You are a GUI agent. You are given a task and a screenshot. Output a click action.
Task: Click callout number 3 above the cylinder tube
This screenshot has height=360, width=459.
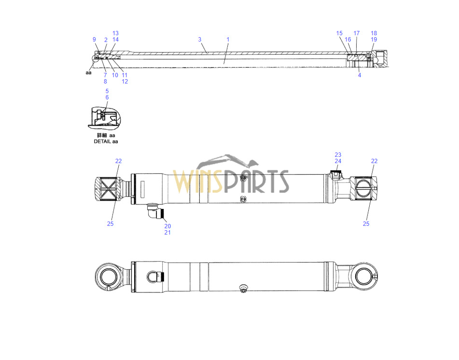click(x=200, y=40)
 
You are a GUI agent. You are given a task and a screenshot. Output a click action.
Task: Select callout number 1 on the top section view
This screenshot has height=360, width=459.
click(x=228, y=40)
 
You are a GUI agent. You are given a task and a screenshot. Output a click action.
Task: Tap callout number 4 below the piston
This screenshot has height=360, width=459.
click(x=360, y=75)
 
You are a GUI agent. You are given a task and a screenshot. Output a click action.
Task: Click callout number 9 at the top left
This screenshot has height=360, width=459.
click(x=94, y=40)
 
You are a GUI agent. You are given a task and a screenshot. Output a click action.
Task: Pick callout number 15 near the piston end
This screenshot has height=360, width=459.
click(x=339, y=33)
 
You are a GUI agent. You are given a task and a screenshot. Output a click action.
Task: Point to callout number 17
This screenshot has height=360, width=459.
click(x=357, y=33)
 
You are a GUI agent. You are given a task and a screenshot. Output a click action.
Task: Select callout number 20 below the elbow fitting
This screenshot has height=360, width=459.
click(x=167, y=226)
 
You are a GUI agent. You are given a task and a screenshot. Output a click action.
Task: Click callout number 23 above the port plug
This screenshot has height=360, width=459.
click(x=338, y=155)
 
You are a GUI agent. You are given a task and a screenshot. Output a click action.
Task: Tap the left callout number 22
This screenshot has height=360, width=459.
click(x=118, y=161)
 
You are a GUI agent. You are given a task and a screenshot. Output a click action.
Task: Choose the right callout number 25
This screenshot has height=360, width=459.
click(x=366, y=224)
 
